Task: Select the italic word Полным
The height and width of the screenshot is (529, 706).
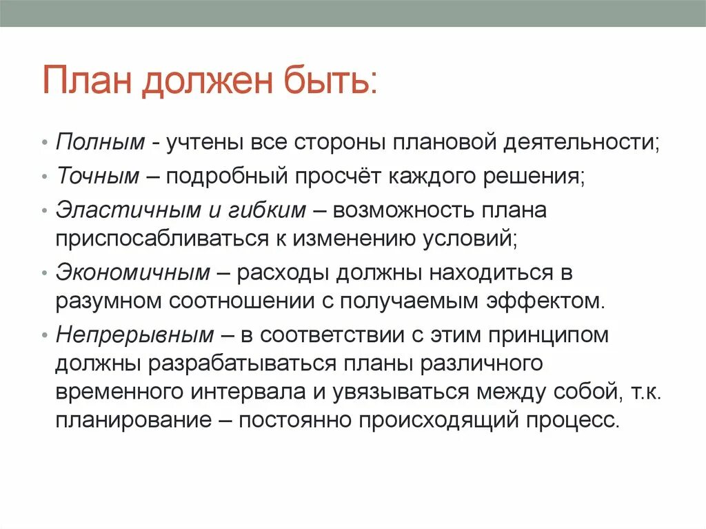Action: [101, 142]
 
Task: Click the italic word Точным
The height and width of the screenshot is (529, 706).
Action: [98, 176]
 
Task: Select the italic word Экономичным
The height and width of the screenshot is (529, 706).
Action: [133, 272]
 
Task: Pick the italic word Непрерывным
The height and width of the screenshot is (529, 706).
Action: [135, 335]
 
